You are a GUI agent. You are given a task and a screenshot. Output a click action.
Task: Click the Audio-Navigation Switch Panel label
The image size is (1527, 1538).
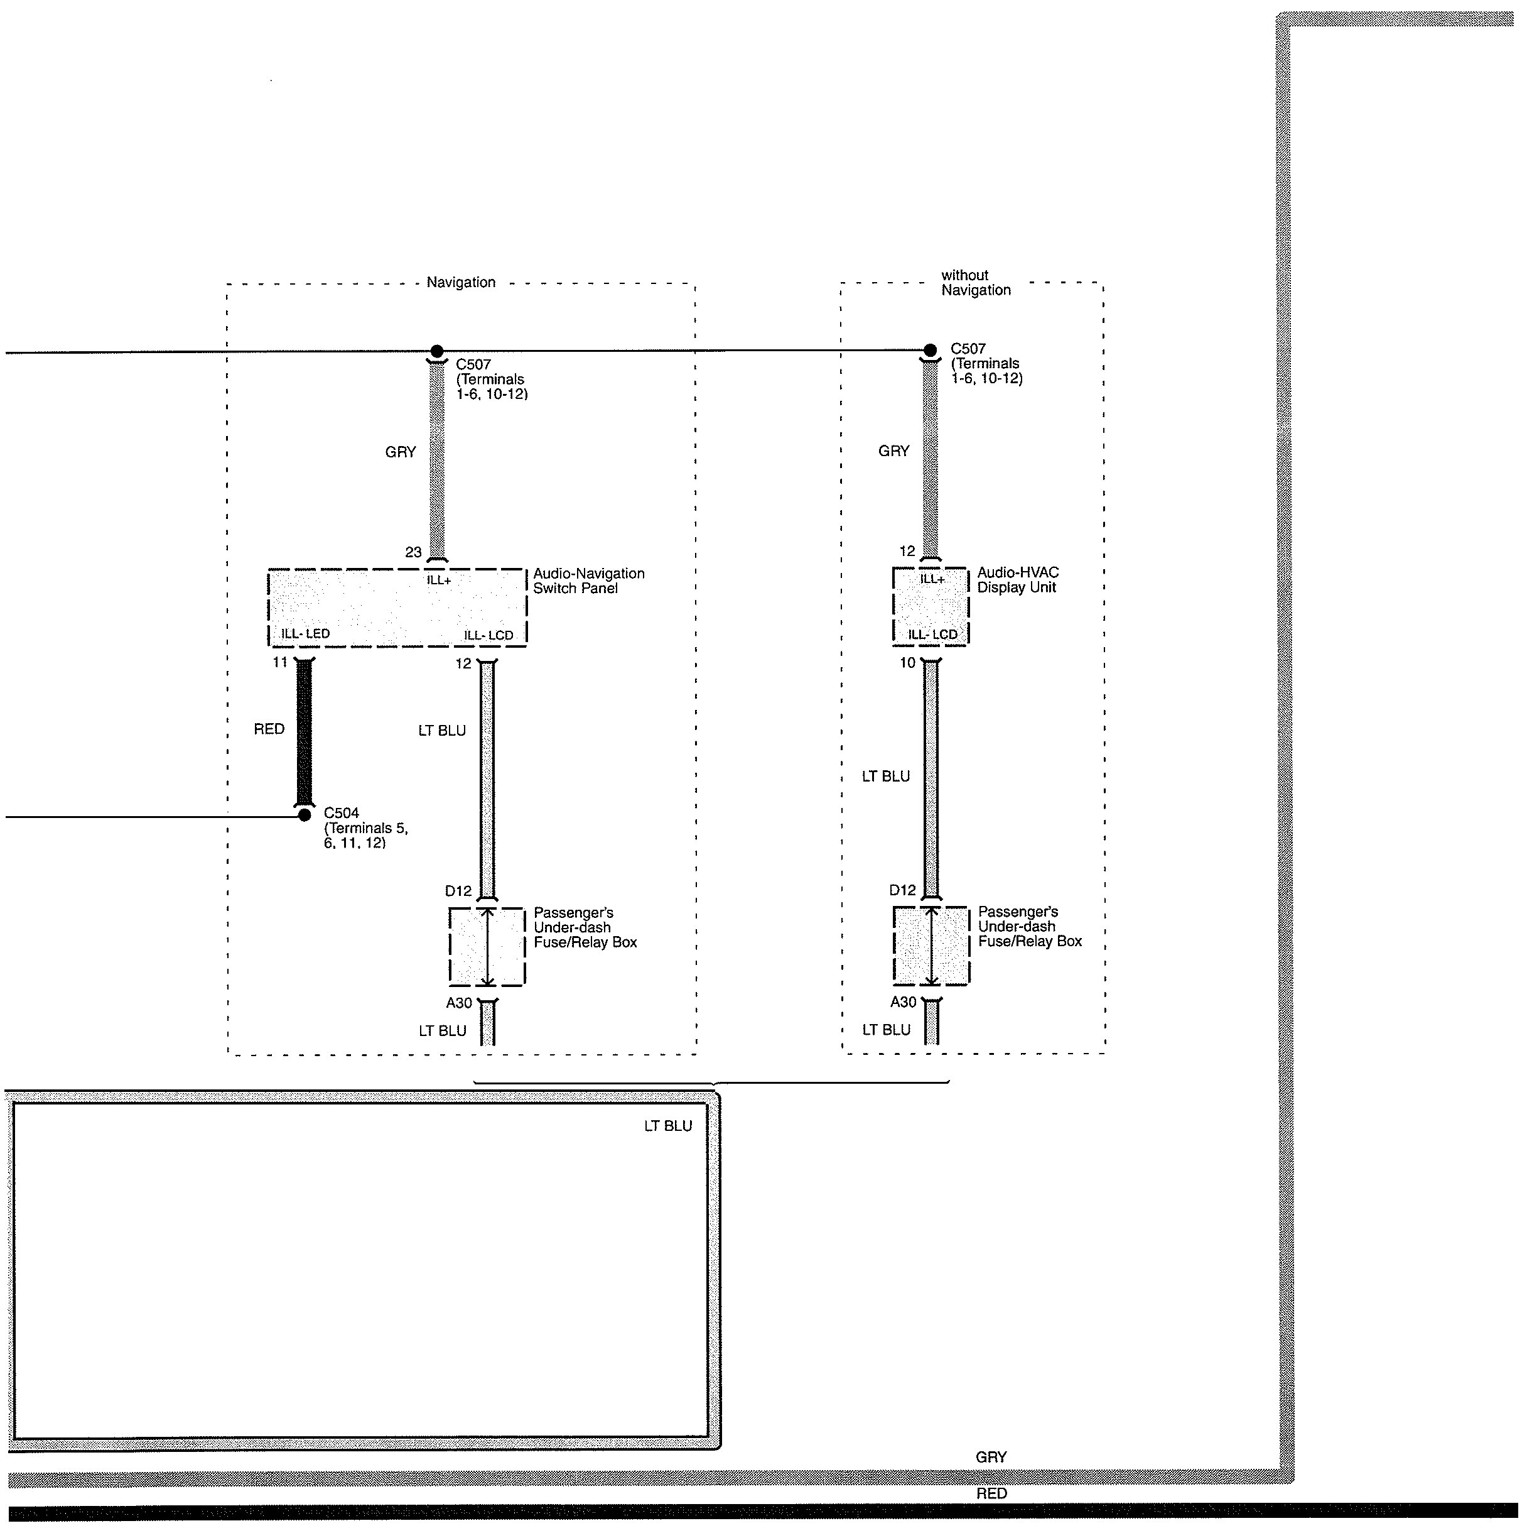pyautogui.click(x=588, y=581)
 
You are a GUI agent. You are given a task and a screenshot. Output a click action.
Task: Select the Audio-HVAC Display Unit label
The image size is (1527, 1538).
pyautogui.click(x=1018, y=581)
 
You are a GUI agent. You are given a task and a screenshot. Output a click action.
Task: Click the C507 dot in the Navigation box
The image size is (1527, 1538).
pyautogui.click(x=437, y=351)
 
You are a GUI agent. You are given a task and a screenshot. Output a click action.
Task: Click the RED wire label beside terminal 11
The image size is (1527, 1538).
pyautogui.click(x=269, y=729)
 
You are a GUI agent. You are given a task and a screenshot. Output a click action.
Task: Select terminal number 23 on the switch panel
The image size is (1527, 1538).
pyautogui.click(x=413, y=552)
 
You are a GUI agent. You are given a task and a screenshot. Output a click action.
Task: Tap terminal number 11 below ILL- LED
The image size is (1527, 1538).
pyautogui.click(x=280, y=662)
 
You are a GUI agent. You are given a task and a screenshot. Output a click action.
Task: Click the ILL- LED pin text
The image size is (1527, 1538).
pyautogui.click(x=306, y=635)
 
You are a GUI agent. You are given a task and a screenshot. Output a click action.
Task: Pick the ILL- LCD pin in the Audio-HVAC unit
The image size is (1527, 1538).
pyautogui.click(x=932, y=635)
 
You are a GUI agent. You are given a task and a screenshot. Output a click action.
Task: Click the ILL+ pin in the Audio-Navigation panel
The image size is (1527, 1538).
pyautogui.click(x=440, y=581)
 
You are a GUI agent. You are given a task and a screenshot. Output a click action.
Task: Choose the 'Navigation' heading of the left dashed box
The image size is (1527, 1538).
pyautogui.click(x=461, y=283)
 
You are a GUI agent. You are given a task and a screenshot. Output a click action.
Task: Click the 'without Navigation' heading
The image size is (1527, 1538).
pyautogui.click(x=976, y=283)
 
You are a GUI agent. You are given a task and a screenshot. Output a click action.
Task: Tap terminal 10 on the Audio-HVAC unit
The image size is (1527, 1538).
pyautogui.click(x=907, y=662)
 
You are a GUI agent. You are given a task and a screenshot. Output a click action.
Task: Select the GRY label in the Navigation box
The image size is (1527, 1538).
pyautogui.click(x=400, y=452)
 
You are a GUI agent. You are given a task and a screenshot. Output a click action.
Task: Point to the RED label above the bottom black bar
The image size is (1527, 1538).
pyautogui.click(x=991, y=1494)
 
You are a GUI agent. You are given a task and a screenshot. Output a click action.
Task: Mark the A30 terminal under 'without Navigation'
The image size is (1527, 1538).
pyautogui.click(x=903, y=1002)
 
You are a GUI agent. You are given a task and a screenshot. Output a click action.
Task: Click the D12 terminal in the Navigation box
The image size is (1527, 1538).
pyautogui.click(x=458, y=891)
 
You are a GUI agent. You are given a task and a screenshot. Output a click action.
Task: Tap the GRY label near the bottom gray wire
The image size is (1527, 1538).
pyautogui.click(x=991, y=1457)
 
